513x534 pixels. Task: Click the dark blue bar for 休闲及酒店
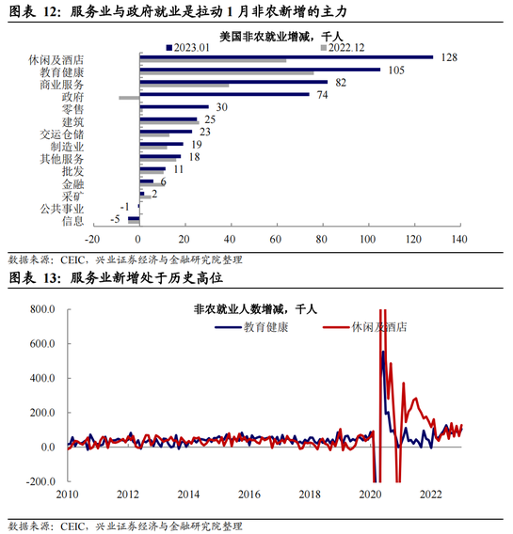click(x=286, y=57)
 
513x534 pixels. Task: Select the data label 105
click(x=396, y=71)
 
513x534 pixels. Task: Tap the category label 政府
click(x=72, y=97)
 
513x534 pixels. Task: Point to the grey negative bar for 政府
click(x=129, y=98)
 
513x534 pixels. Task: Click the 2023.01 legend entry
click(x=188, y=48)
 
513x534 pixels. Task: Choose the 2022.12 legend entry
click(x=343, y=48)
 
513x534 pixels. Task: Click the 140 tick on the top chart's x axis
click(x=459, y=239)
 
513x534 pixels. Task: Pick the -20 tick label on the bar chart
click(x=92, y=239)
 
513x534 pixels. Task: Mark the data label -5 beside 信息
click(x=115, y=219)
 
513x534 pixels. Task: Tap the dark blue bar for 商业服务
click(x=233, y=82)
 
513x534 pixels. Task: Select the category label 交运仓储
click(x=62, y=134)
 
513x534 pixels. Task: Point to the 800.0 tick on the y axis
click(x=42, y=309)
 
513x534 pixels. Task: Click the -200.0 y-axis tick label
click(x=40, y=481)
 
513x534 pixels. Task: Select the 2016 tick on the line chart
click(x=249, y=495)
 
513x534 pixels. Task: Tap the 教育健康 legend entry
click(x=251, y=327)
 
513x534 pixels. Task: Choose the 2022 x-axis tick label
click(x=431, y=495)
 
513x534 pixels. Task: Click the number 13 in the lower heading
click(x=50, y=278)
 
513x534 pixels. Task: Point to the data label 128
click(x=449, y=57)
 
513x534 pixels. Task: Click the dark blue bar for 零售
click(x=174, y=107)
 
